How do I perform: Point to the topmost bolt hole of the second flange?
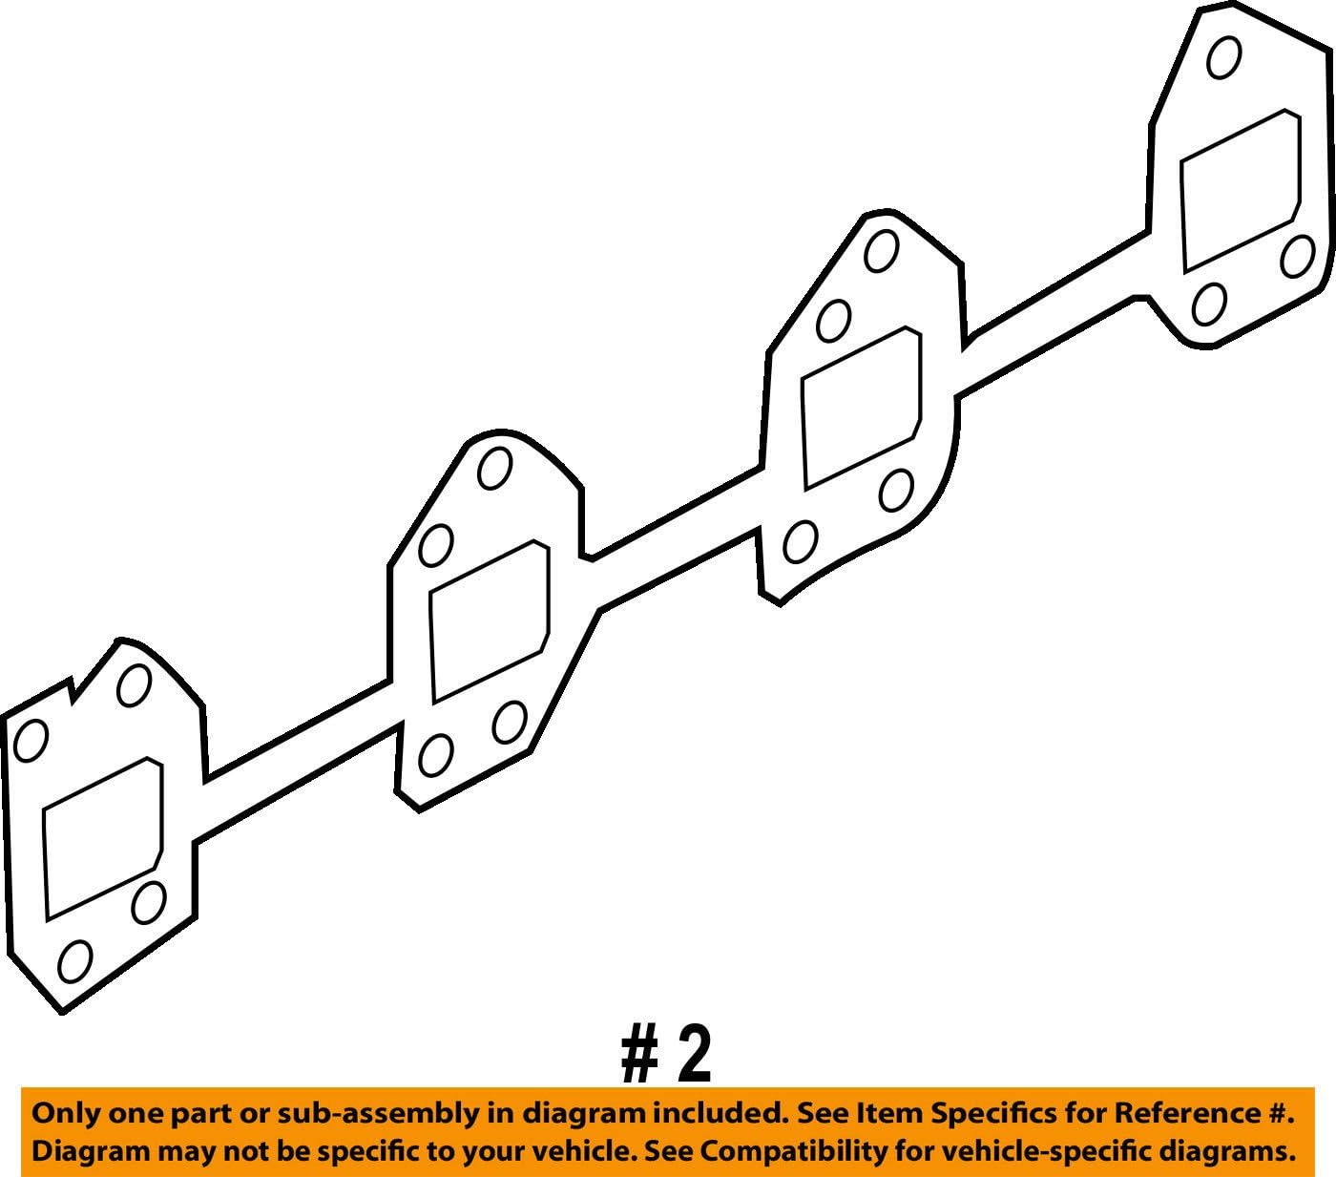pos(494,468)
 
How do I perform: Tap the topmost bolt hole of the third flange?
pos(880,251)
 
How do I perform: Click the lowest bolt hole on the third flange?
pos(800,542)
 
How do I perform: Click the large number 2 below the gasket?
pos(694,1055)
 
